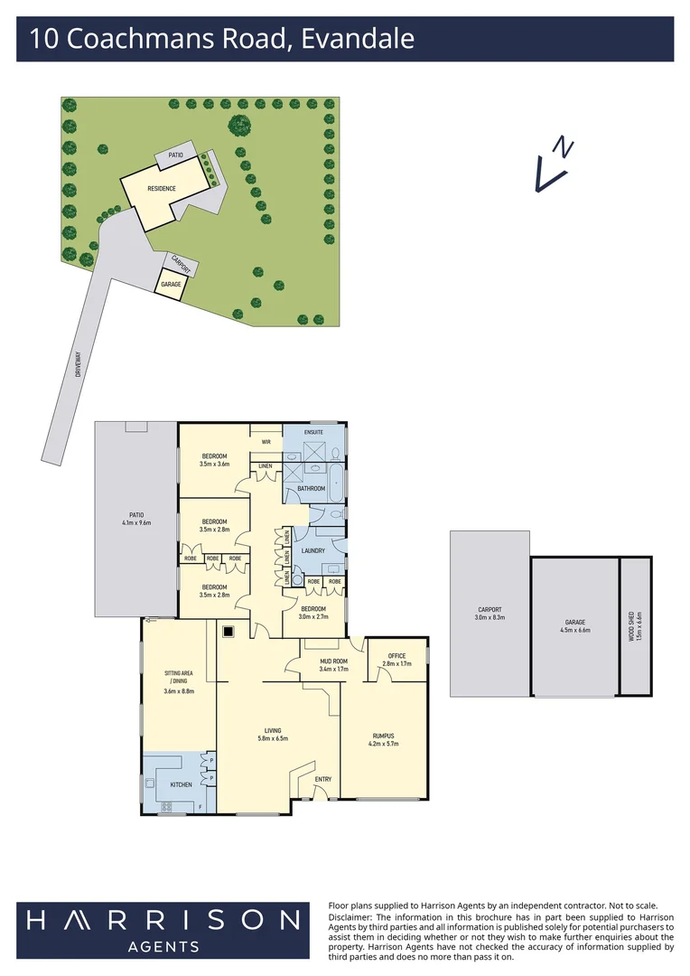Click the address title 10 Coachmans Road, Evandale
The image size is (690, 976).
(221, 40)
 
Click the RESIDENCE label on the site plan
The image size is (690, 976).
(162, 188)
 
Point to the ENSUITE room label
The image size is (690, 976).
(313, 432)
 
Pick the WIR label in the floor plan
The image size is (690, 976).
(266, 442)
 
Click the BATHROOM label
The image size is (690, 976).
(312, 488)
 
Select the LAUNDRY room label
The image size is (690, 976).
(313, 551)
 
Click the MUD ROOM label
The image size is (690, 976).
(333, 661)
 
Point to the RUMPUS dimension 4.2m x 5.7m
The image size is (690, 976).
(385, 744)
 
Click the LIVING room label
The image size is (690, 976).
(273, 730)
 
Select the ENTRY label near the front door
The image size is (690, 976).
(322, 779)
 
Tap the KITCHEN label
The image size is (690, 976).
(181, 784)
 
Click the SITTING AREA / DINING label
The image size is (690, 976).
(179, 678)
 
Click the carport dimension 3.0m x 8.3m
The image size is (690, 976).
(490, 618)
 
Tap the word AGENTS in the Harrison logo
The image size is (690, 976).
(164, 946)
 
